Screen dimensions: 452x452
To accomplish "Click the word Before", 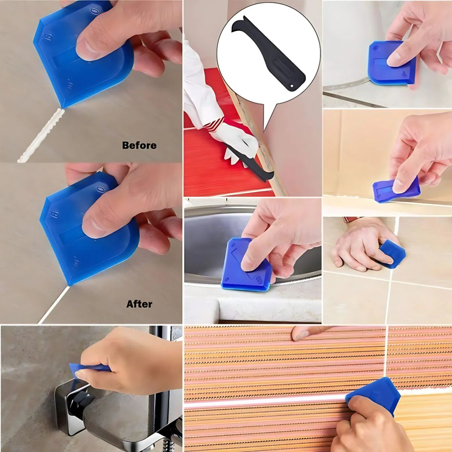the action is point(139,145).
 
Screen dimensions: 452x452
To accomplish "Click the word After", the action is point(139,304).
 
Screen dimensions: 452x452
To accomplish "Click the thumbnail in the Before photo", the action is point(88,48).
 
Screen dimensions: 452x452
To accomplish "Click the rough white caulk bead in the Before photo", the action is point(41,135).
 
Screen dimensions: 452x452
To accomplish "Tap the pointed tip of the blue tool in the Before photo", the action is point(63,108).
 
